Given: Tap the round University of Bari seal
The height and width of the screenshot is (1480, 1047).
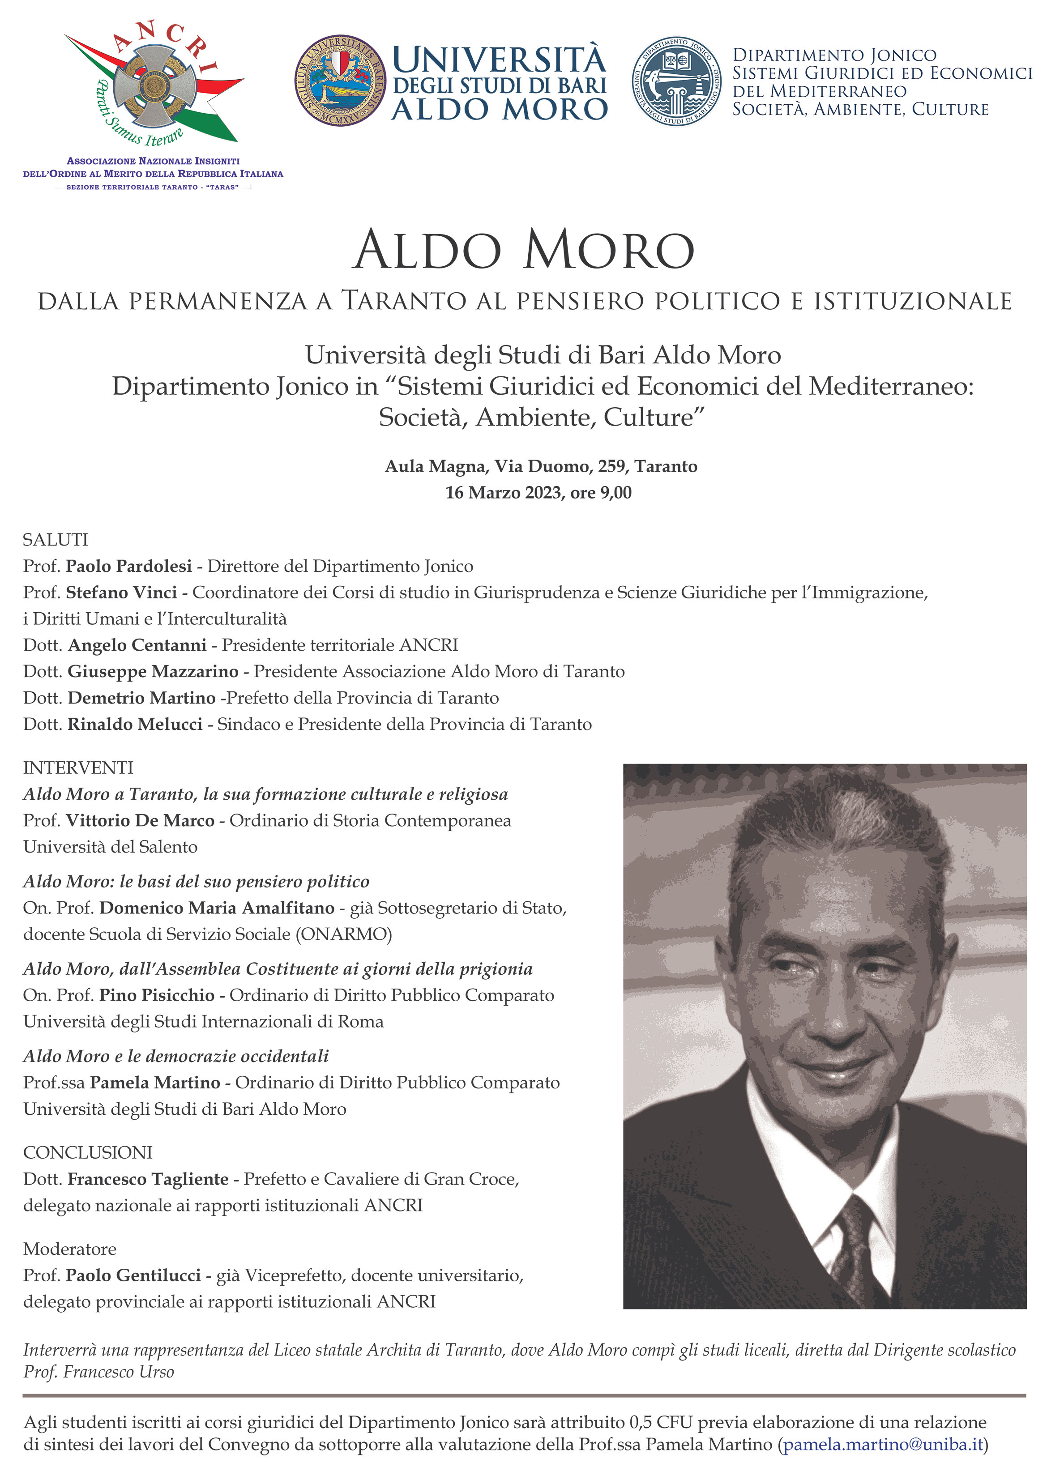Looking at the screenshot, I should click(340, 80).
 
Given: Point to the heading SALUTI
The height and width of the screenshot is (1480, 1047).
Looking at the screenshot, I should click(56, 540).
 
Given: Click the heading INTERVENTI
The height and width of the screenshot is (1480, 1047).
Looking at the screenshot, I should click(78, 768).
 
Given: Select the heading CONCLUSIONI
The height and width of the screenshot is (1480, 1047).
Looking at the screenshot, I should click(88, 1152).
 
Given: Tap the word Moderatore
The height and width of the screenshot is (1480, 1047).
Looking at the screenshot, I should click(70, 1249).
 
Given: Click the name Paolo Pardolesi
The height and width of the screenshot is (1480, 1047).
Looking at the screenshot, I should click(129, 566).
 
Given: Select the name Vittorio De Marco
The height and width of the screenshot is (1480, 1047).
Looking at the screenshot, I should click(140, 821).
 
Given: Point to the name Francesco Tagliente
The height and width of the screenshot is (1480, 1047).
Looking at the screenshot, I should click(148, 1178).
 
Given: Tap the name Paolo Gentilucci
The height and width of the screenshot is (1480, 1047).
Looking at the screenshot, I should click(133, 1275).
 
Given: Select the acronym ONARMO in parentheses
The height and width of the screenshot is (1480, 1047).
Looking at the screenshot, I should click(344, 934).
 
